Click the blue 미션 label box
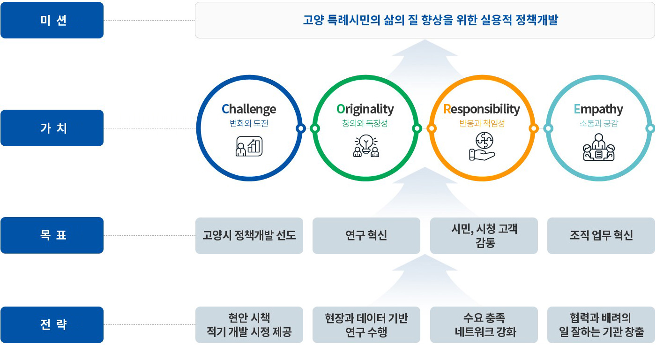coord(52,20)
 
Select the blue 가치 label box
coord(52,128)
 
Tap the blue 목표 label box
coord(52,235)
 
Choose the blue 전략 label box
coord(52,325)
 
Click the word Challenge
coord(249,109)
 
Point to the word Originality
coord(365,109)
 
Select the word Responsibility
coord(482,109)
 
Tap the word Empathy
coord(598,109)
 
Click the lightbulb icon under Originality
coord(366,146)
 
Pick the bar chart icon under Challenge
coord(249,146)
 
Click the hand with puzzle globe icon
coord(482,146)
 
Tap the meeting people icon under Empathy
coord(599,147)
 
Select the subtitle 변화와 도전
coord(249,123)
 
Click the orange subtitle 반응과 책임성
coord(482,123)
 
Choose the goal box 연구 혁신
coord(366,235)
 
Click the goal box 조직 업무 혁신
coord(601,235)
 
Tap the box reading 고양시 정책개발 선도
coord(249,235)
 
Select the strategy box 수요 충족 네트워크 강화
coord(484,325)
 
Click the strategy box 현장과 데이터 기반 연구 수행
coord(366,325)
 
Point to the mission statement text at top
coord(431,20)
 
